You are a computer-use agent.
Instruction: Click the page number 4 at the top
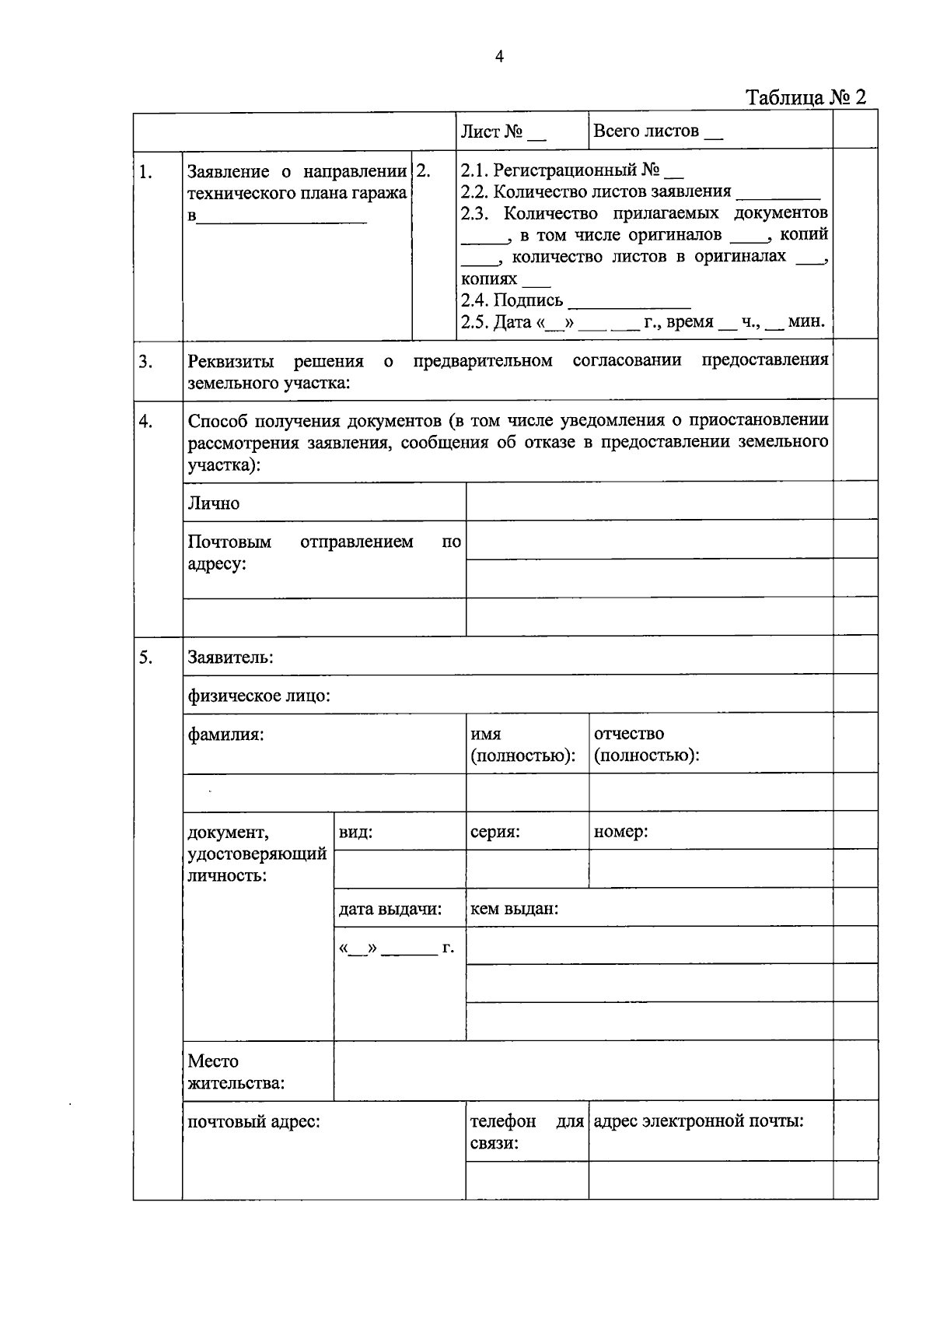498,56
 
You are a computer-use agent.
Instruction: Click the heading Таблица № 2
805,98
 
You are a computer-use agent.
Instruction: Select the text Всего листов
646,131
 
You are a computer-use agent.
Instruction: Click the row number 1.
145,172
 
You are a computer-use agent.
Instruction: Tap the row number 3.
145,362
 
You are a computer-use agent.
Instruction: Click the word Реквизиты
232,362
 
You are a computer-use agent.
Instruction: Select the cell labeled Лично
214,503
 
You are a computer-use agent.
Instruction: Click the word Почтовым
229,542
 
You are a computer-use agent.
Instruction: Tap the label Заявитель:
230,657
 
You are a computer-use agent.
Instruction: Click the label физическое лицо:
259,696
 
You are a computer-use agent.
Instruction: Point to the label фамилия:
225,734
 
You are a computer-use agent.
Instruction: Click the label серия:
494,832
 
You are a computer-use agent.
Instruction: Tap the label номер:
620,832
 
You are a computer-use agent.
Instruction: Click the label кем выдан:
514,909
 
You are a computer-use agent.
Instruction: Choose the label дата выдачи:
390,909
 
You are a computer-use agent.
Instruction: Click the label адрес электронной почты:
698,1121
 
